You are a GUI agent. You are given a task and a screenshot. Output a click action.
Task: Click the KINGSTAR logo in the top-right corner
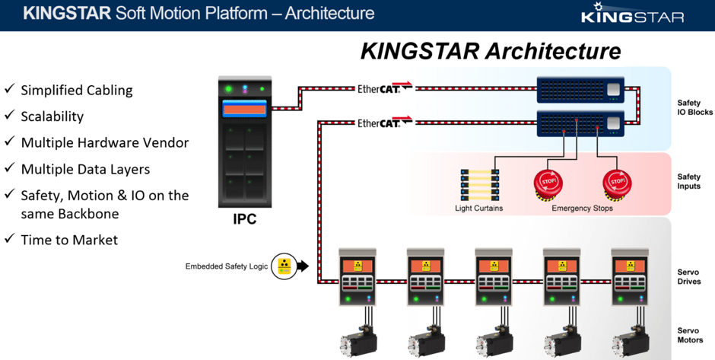[632, 14]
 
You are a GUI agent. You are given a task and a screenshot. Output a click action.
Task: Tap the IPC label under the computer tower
[245, 220]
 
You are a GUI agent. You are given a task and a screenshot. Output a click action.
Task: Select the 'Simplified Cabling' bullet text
[77, 90]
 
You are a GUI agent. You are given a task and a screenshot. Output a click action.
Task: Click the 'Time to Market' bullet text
[69, 240]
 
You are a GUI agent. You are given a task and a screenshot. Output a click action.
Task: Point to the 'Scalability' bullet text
[52, 116]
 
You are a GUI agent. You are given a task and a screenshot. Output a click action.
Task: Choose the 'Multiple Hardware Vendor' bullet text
[105, 142]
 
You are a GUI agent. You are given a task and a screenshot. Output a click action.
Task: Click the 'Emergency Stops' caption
[582, 209]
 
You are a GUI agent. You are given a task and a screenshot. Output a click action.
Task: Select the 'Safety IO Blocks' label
[694, 107]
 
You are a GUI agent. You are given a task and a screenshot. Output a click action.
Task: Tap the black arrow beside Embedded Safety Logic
[302, 266]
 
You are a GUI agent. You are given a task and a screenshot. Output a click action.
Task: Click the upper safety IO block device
[580, 90]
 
